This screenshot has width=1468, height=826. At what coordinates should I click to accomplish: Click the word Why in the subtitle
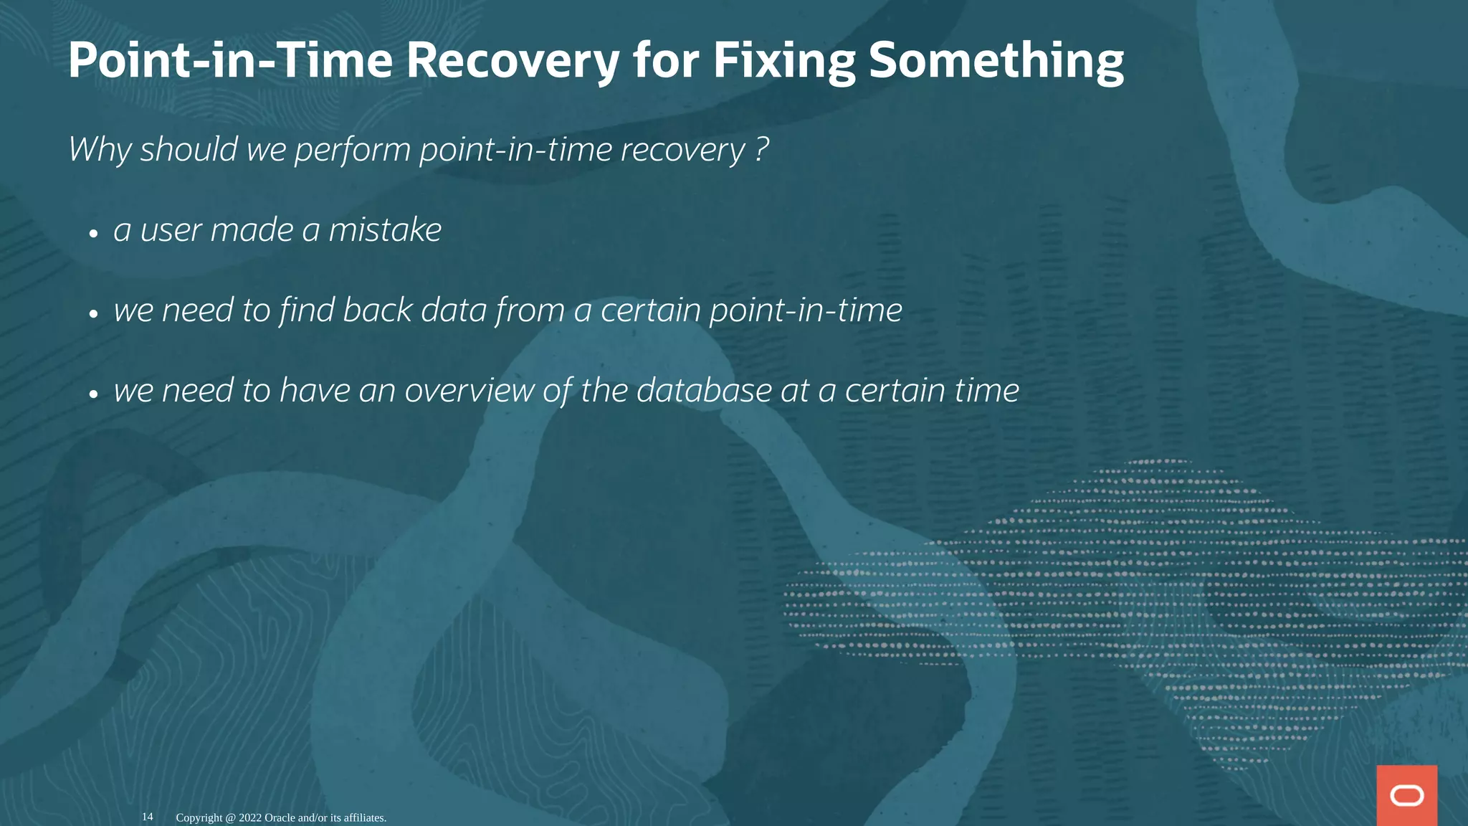100,150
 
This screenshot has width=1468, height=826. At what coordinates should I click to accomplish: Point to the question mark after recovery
762,150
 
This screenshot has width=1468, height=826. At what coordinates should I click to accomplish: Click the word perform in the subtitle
353,150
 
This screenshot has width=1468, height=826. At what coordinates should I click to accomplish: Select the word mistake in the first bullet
385,230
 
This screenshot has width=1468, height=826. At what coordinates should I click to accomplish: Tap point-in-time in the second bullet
806,310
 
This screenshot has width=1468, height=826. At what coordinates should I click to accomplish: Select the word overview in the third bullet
470,391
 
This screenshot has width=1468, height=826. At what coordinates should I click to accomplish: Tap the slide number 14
147,817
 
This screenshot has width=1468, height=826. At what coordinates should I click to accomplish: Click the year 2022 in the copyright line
250,817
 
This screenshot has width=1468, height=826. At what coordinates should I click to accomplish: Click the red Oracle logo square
1406,795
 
